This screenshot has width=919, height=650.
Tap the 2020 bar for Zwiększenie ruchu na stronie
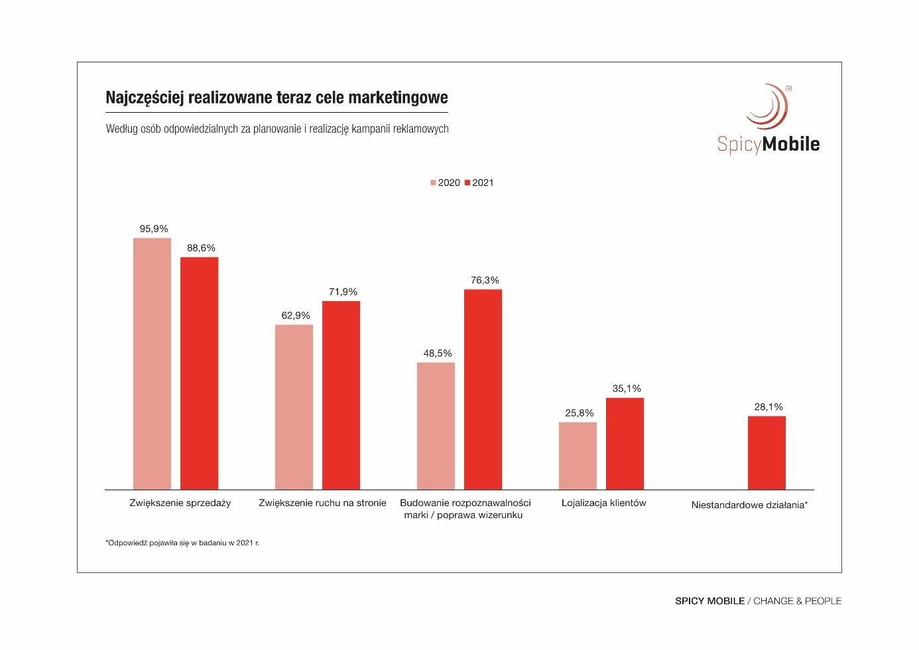click(294, 407)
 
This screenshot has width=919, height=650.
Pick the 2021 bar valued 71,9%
click(341, 395)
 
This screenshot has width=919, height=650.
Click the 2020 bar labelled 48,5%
click(436, 426)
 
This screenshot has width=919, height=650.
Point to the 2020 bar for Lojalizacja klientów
click(578, 456)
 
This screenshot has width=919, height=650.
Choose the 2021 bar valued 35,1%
click(625, 444)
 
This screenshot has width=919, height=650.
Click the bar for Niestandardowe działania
click(766, 453)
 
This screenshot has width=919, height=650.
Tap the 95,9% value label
click(154, 229)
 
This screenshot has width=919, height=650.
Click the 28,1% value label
click(768, 407)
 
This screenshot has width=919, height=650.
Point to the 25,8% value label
click(580, 413)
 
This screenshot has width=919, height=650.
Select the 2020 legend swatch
click(434, 183)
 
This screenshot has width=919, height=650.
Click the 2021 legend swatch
click(467, 183)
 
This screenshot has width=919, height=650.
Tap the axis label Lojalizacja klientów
click(603, 503)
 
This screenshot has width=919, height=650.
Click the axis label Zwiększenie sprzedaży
click(180, 503)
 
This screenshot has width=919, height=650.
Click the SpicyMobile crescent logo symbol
click(768, 106)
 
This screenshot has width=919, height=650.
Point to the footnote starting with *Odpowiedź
click(182, 543)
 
